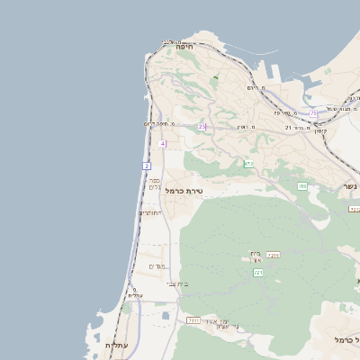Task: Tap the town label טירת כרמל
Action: click(x=184, y=191)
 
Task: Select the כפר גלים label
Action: click(x=154, y=183)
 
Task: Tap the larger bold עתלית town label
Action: click(x=118, y=346)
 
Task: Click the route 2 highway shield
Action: click(x=146, y=166)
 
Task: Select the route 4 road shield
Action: click(x=162, y=144)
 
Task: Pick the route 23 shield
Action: click(x=202, y=127)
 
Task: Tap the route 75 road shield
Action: click(x=313, y=113)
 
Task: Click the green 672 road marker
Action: click(x=247, y=164)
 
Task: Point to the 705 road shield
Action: click(x=302, y=185)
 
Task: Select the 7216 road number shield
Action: click(x=274, y=256)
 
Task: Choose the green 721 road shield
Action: click(x=257, y=272)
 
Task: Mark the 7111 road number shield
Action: click(x=193, y=319)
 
